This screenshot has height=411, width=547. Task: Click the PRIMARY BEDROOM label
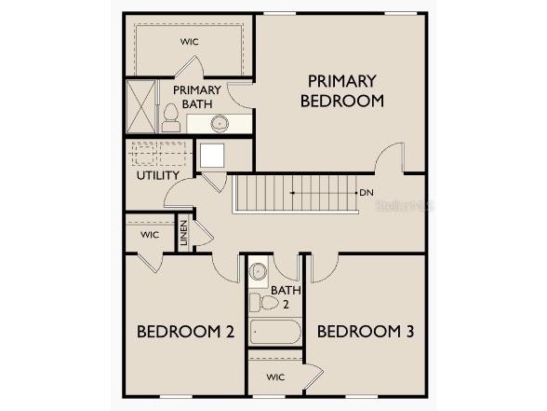pos(341,91)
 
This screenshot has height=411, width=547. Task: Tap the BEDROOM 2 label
pos(185,331)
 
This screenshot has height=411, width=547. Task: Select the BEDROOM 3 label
pos(365,331)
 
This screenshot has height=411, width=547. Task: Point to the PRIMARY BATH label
pos(196,97)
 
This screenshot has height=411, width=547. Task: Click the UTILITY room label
pos(158,175)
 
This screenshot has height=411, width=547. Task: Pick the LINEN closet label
pos(184,233)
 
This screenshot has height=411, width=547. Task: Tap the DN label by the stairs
pos(367,193)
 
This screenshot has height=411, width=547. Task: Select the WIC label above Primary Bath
pos(190,42)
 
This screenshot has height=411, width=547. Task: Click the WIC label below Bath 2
pos(274,377)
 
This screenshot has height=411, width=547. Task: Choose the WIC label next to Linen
pos(150,235)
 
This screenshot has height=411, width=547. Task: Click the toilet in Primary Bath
pos(170,116)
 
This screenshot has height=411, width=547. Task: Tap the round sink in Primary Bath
pos(220,123)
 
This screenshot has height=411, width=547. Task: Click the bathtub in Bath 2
pos(274,332)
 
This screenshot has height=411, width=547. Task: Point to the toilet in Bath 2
pos(265,302)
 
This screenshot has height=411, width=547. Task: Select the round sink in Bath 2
pos(259,272)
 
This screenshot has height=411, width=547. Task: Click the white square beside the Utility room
pos(211,156)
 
